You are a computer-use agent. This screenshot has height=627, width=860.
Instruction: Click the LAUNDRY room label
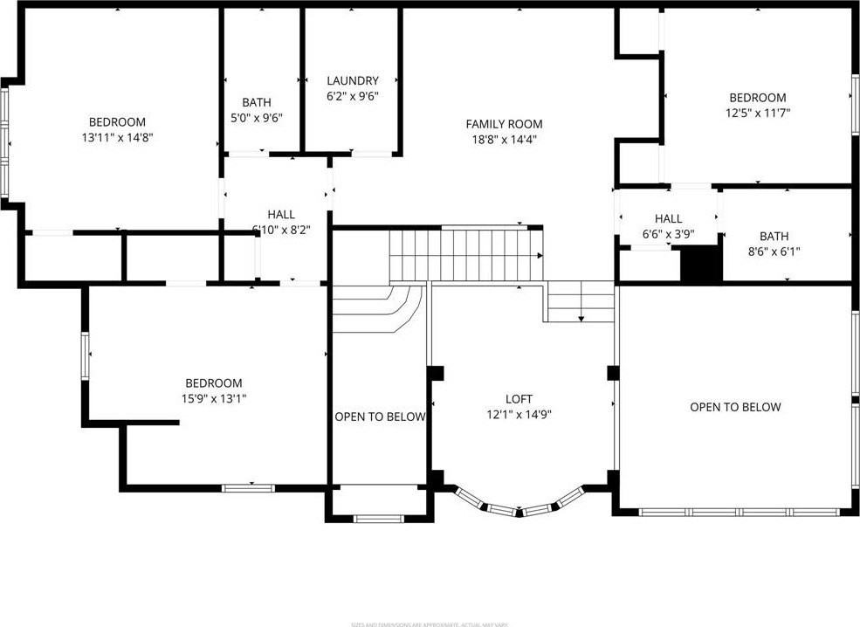coord(353,80)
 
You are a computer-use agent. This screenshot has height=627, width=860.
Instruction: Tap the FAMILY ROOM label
coord(504,124)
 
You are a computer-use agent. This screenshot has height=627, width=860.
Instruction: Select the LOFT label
coord(519,399)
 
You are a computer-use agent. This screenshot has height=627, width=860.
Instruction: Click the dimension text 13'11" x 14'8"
coord(117,137)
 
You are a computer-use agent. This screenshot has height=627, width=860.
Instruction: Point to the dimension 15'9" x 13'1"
coord(213,398)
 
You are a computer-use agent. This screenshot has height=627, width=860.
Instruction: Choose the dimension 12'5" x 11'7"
coord(757,113)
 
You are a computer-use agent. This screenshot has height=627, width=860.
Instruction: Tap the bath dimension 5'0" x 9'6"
coord(256,117)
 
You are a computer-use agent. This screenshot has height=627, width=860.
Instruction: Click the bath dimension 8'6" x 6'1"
coord(774,251)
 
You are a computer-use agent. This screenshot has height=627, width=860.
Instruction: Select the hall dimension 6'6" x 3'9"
coord(668,234)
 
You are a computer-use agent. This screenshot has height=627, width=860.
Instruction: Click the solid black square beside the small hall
coord(701,265)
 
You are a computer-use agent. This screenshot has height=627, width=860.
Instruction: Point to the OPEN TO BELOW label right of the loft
coord(735,407)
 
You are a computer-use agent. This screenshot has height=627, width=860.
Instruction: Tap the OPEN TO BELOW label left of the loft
coord(380,417)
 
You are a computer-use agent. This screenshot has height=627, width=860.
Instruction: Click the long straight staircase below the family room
coord(465,254)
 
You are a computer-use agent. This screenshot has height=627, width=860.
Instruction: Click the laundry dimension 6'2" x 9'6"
coord(353,96)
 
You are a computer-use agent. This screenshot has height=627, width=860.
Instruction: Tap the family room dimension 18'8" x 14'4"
coord(504,139)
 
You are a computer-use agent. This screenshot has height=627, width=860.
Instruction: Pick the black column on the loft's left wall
coord(437,373)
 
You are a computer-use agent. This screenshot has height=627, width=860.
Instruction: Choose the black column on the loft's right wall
coord(613,373)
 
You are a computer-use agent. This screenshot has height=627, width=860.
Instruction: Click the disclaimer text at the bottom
coord(429,624)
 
